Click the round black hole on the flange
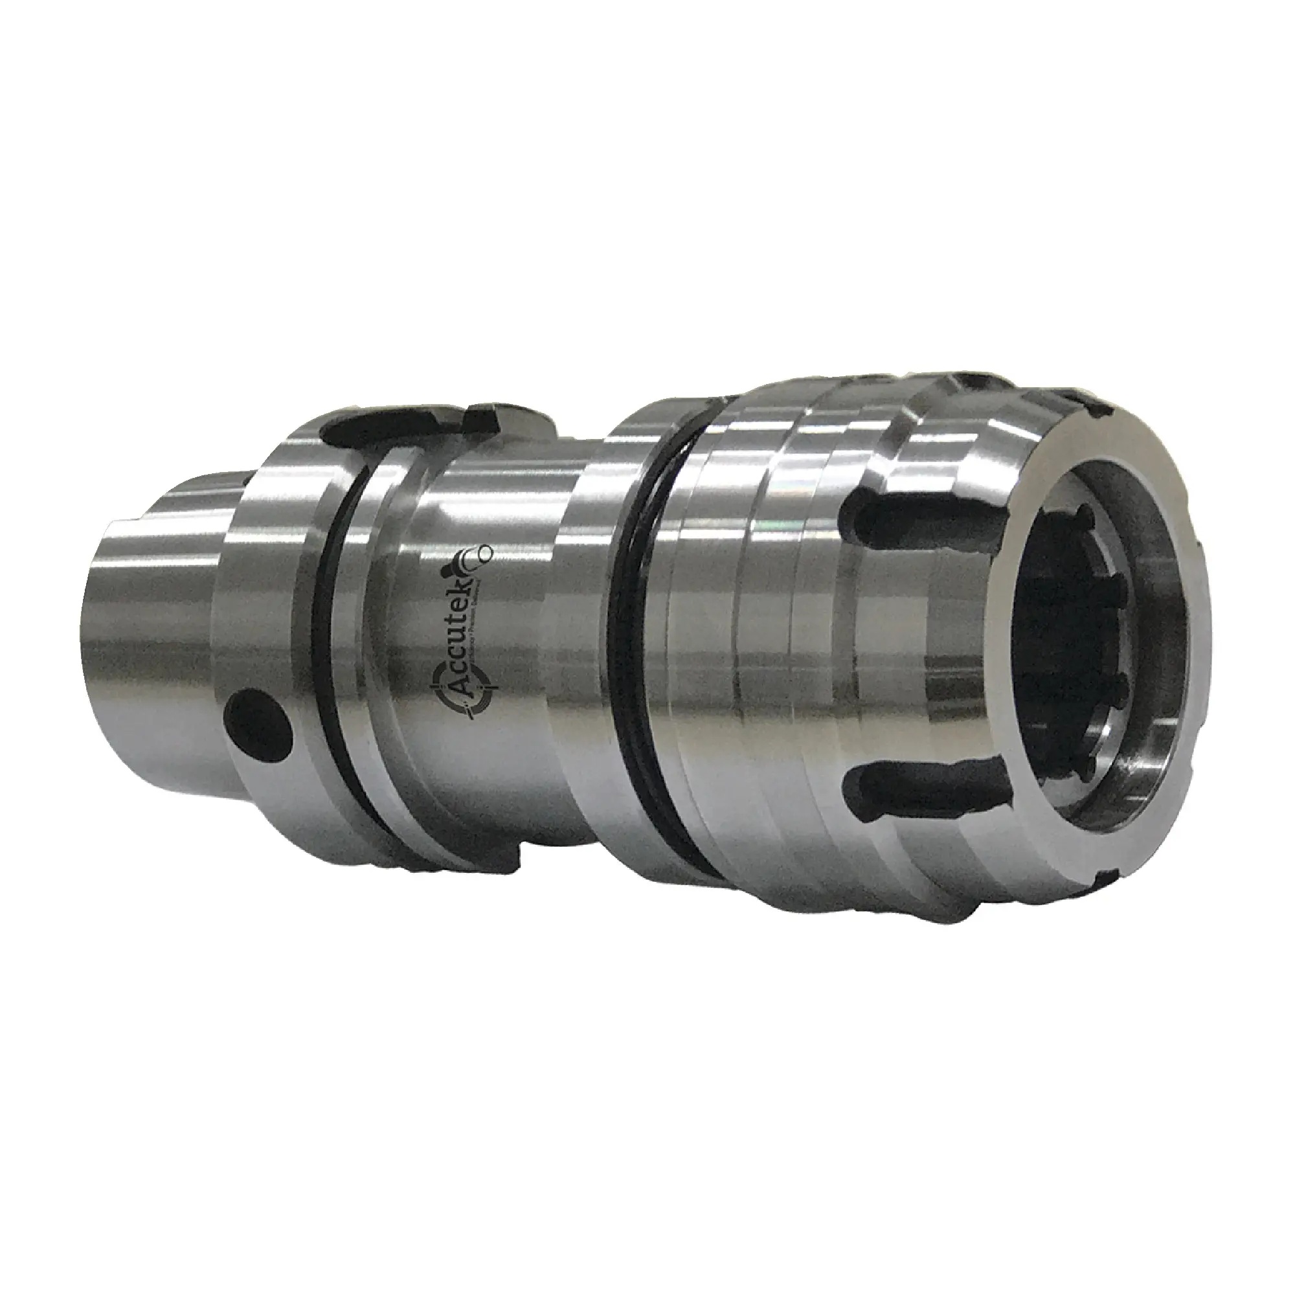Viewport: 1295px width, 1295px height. [x=260, y=723]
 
